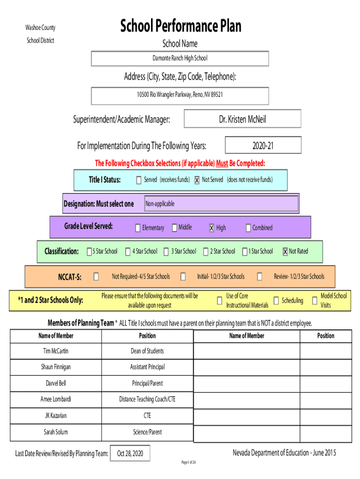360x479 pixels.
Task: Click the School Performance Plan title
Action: coord(180,26)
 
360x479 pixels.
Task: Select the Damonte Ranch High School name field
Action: coord(180,58)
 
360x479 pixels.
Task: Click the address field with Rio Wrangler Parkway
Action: coord(180,96)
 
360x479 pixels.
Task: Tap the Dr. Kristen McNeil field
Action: coord(243,118)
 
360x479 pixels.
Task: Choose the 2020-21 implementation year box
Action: coord(263,145)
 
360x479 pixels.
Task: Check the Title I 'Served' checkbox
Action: coord(139,180)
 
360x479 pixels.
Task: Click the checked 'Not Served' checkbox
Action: coord(197,180)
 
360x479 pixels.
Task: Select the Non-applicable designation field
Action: coord(221,203)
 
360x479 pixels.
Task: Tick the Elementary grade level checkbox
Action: coord(138,228)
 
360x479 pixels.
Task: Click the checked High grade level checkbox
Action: coord(212,228)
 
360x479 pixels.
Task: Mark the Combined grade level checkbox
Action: coord(248,228)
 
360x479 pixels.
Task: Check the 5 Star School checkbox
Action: coord(89,251)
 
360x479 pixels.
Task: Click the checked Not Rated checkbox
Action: coord(285,251)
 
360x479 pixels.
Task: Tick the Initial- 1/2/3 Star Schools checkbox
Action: coord(183,276)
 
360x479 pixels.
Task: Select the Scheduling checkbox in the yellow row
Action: coord(276,301)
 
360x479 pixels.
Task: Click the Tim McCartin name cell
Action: coord(56,351)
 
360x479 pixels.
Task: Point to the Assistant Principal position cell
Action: coord(147,367)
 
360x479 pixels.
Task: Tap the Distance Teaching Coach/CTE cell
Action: coord(147,399)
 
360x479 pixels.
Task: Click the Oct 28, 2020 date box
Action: coord(130,453)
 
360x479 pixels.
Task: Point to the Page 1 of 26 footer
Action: coord(189,462)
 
